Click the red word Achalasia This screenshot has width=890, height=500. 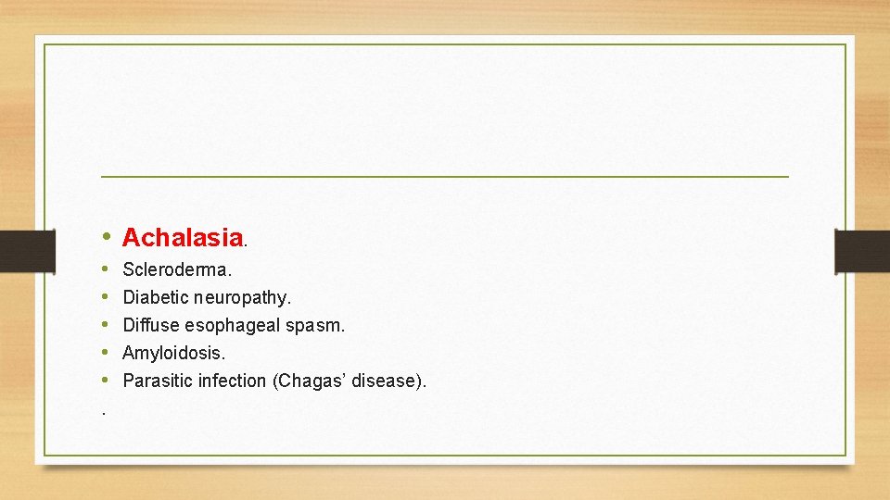[182, 238]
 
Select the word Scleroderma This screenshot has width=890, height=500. [176, 270]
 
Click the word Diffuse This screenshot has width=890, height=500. [151, 326]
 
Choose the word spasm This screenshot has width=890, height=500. [314, 326]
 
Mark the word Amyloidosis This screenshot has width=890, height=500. [173, 353]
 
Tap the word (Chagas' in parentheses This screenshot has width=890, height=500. [310, 381]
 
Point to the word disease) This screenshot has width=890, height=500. [389, 381]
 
